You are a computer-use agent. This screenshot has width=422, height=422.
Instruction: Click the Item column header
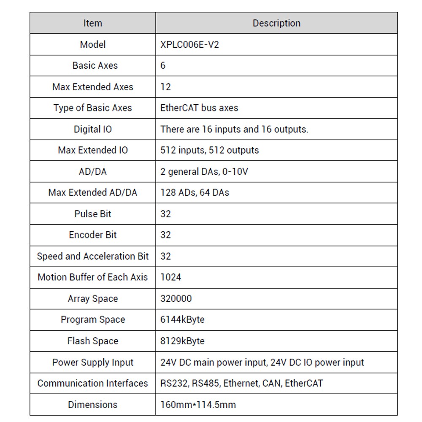point(92,23)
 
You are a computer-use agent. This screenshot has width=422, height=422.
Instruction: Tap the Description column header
point(276,23)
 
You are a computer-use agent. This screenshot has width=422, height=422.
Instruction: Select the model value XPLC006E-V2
point(189,45)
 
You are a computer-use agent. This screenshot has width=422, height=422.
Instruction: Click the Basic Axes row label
point(95,66)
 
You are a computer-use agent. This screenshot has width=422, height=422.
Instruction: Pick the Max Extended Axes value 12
point(166,87)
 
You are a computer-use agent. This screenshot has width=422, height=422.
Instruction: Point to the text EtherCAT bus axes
point(199,108)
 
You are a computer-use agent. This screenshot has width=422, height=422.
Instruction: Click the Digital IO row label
point(93,129)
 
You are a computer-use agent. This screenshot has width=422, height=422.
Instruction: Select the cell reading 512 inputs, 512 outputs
point(209,150)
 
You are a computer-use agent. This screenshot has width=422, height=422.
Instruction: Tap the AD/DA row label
point(93,172)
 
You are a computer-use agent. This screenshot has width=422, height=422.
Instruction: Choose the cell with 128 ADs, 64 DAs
point(195,193)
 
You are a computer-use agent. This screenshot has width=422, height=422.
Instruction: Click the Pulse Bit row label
point(93,214)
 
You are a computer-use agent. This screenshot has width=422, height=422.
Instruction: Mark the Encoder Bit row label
point(93,235)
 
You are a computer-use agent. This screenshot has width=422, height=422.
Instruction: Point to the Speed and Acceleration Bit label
point(93,256)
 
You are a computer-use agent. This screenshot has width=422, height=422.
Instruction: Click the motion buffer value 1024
point(171,277)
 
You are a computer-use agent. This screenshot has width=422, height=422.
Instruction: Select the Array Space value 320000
point(176,299)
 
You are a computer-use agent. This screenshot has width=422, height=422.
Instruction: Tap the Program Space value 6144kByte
point(182,320)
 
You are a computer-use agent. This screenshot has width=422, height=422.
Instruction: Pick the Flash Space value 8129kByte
point(182,341)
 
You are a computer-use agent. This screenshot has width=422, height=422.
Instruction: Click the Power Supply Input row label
point(93,362)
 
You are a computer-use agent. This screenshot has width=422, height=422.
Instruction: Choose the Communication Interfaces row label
point(93,384)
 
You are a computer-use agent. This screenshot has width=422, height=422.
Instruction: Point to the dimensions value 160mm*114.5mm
point(198,405)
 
